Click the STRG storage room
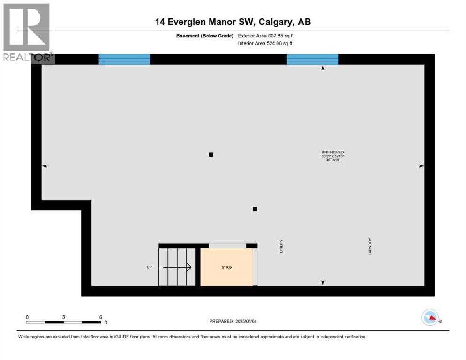[x=226, y=267]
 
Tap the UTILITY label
[x=281, y=247]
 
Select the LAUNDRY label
[x=370, y=247]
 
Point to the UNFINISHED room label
[x=332, y=152]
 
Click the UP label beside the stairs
[x=149, y=267]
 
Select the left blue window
[x=124, y=59]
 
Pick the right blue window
[x=313, y=59]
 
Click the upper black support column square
[x=211, y=155]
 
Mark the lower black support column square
[x=255, y=209]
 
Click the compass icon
[x=430, y=318]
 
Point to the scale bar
[x=63, y=322]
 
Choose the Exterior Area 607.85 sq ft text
[x=266, y=36]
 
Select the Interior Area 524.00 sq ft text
[x=265, y=44]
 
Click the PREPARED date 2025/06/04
[x=233, y=321]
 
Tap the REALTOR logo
[x=28, y=33]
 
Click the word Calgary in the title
[x=273, y=22]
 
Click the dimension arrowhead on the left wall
[x=45, y=166]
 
